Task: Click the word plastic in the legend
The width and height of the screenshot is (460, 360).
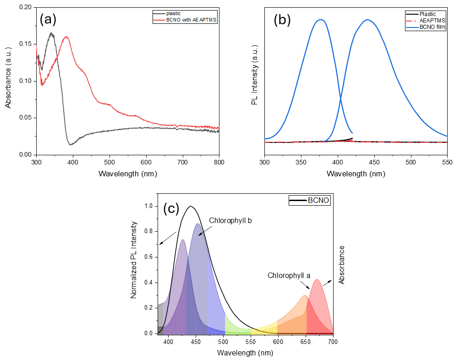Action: (x=173, y=14)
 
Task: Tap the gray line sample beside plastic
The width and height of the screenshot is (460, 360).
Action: (x=159, y=14)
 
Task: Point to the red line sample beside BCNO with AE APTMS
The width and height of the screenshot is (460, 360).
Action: (x=159, y=20)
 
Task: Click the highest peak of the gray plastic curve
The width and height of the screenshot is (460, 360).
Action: (x=51, y=33)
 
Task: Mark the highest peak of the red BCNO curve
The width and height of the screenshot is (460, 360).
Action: (x=67, y=37)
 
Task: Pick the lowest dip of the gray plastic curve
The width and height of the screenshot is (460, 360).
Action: (x=71, y=144)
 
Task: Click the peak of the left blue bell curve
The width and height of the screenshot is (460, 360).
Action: (x=321, y=20)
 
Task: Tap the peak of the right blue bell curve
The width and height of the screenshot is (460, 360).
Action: (x=367, y=20)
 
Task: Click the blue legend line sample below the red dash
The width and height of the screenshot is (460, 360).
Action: (x=412, y=27)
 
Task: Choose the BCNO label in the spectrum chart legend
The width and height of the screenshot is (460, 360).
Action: (x=318, y=201)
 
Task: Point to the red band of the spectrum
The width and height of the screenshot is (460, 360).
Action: (x=319, y=307)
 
